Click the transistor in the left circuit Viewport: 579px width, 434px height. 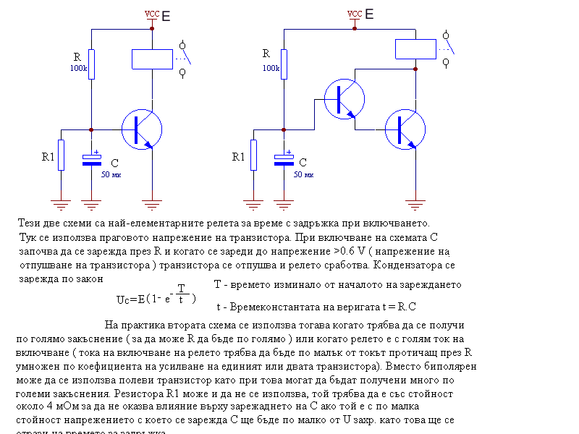coord(139,129)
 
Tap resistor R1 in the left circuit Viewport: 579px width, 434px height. coord(62,155)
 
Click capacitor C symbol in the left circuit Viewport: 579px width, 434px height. coord(91,160)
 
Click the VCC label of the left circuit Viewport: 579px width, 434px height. coord(152,14)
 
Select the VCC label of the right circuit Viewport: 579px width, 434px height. coord(355,14)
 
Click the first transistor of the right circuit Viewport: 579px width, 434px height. coord(342,100)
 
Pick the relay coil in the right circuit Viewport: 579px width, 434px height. coord(415,48)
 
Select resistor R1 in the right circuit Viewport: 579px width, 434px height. coord(253,155)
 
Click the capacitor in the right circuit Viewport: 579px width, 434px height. coord(284,160)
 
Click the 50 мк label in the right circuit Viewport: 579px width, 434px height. coord(303,175)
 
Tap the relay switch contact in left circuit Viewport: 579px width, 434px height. coord(182,54)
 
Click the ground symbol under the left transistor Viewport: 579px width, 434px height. coord(152,201)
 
